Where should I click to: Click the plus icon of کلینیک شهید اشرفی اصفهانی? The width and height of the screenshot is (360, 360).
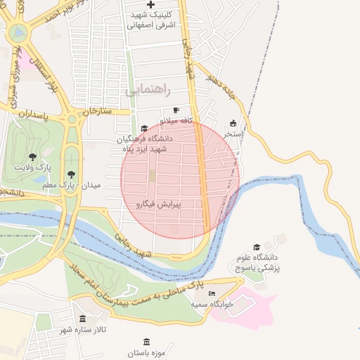(150, 5)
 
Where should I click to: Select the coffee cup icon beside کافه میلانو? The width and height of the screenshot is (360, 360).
(176, 110)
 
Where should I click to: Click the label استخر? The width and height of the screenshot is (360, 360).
(233, 133)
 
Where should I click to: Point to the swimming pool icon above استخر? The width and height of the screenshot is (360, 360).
(233, 123)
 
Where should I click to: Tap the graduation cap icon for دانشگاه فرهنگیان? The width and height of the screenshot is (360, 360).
(144, 129)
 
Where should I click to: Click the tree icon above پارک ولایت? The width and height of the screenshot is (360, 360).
(32, 156)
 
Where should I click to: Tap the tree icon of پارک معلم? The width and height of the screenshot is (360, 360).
(70, 175)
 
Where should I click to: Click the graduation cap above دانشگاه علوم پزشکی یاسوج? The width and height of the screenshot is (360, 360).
(257, 247)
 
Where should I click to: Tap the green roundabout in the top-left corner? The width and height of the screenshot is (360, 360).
(17, 32)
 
